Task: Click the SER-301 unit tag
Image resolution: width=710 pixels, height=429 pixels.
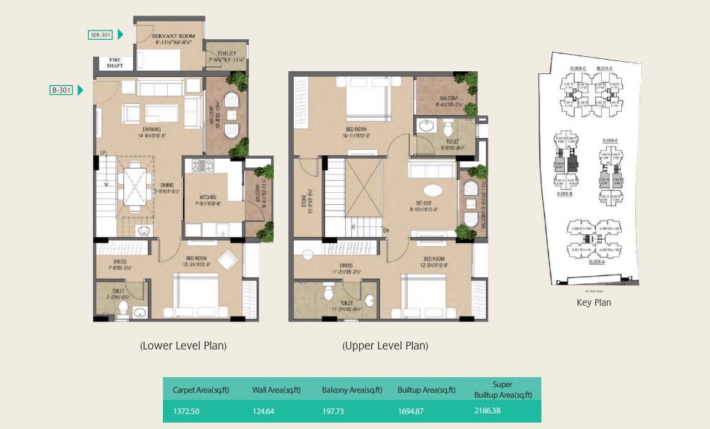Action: click(100, 34)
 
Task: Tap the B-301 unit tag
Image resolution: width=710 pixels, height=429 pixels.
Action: click(62, 90)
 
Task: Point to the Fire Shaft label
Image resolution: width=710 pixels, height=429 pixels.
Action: click(115, 63)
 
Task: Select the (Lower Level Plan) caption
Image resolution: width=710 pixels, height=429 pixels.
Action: click(183, 346)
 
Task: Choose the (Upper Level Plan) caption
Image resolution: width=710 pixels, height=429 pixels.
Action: click(385, 346)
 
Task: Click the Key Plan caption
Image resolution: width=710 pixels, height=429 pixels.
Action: click(593, 302)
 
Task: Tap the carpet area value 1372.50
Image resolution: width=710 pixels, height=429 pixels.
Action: click(187, 411)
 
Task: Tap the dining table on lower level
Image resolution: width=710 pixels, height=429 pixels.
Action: click(133, 184)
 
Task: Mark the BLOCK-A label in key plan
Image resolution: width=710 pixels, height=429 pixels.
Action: click(597, 263)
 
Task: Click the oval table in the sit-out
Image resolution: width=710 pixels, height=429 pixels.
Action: click(433, 191)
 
